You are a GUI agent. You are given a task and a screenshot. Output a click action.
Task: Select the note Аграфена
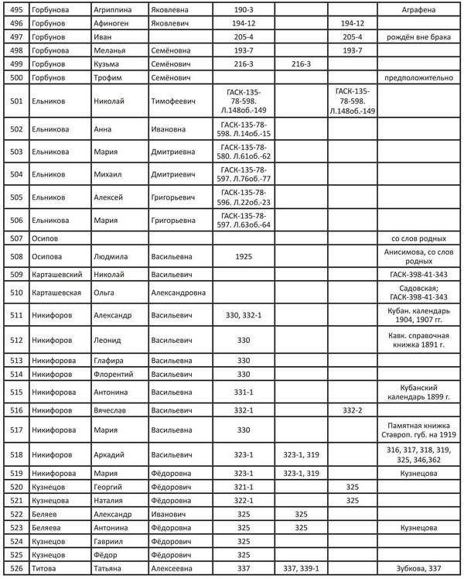point(419,9)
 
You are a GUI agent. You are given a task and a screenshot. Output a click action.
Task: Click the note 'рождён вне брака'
point(419,37)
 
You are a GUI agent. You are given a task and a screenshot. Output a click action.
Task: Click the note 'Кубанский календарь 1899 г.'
point(419,392)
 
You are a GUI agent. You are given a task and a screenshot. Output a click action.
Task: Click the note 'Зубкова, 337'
point(419,570)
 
